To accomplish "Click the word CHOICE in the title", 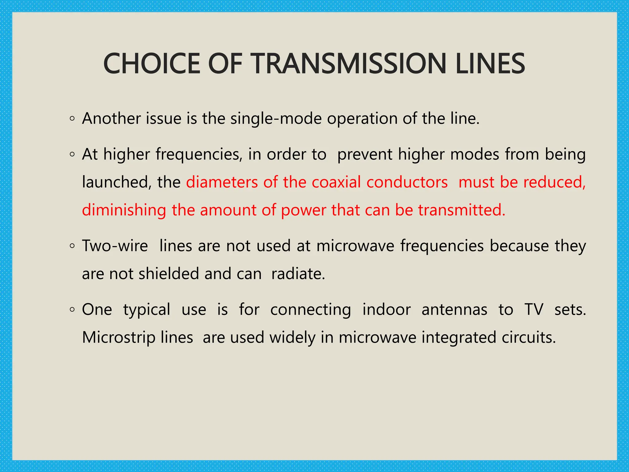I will point(152,64).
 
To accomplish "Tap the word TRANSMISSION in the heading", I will point(349,64).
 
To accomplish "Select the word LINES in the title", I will point(490,64).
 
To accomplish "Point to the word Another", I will point(111,119).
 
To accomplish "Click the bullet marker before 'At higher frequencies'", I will point(72,155).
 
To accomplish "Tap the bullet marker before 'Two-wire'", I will point(72,246).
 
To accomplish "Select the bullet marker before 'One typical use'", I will point(72,310).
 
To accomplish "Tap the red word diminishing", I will point(124,210).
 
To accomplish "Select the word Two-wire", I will point(115,246).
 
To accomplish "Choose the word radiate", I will point(298,274).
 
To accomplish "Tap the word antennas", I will point(454,310).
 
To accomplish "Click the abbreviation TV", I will point(534,309).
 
